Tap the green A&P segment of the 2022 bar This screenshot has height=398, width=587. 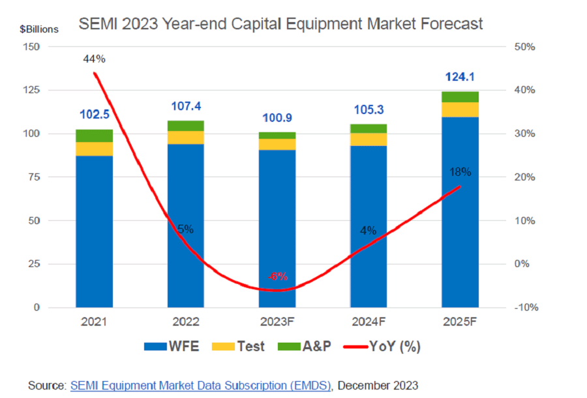coord(186,126)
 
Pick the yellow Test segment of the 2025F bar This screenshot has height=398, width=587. coord(460,109)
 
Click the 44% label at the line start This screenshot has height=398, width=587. coord(94,59)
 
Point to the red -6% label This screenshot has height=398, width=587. coord(277,276)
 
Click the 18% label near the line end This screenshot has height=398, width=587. coord(460,172)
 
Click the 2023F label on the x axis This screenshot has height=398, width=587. coord(277,321)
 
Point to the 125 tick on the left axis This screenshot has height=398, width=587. coord(31,91)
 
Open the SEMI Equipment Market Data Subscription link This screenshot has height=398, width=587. coord(201,386)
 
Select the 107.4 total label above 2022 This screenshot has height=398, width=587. coord(186,105)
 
